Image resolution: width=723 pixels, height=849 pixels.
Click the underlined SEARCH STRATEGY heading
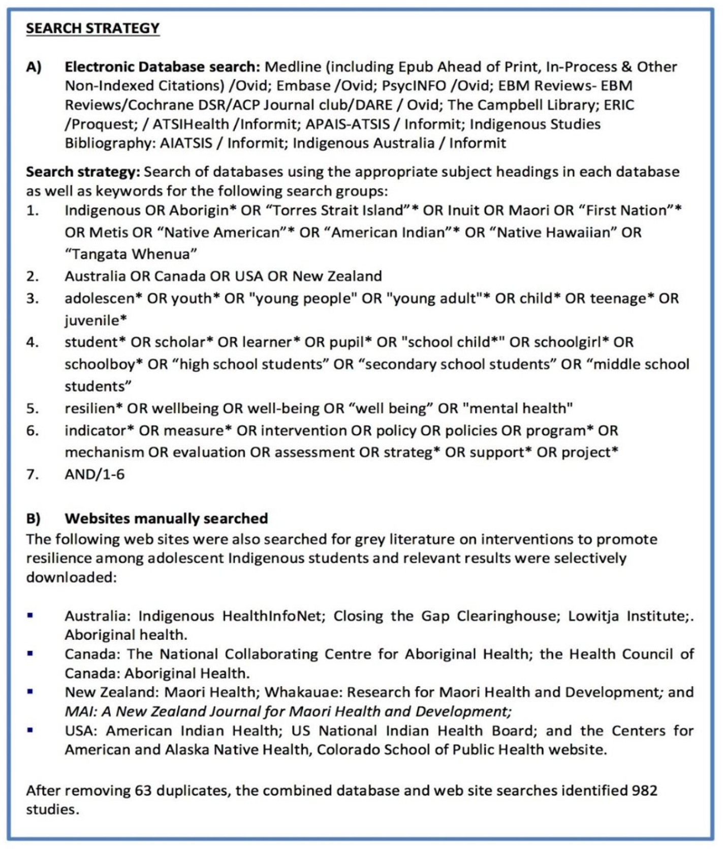[x=92, y=28]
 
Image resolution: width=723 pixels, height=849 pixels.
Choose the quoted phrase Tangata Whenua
[x=131, y=253]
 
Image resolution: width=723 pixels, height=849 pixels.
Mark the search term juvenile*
[x=96, y=320]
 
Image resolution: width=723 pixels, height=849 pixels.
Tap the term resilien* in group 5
[x=93, y=408]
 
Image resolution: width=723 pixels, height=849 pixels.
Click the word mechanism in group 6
[x=104, y=452]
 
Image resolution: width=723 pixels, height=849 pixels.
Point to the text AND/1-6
[x=95, y=474]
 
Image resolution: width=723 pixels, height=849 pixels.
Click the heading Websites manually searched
[x=166, y=518]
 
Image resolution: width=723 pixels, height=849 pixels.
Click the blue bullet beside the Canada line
[x=30, y=654]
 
